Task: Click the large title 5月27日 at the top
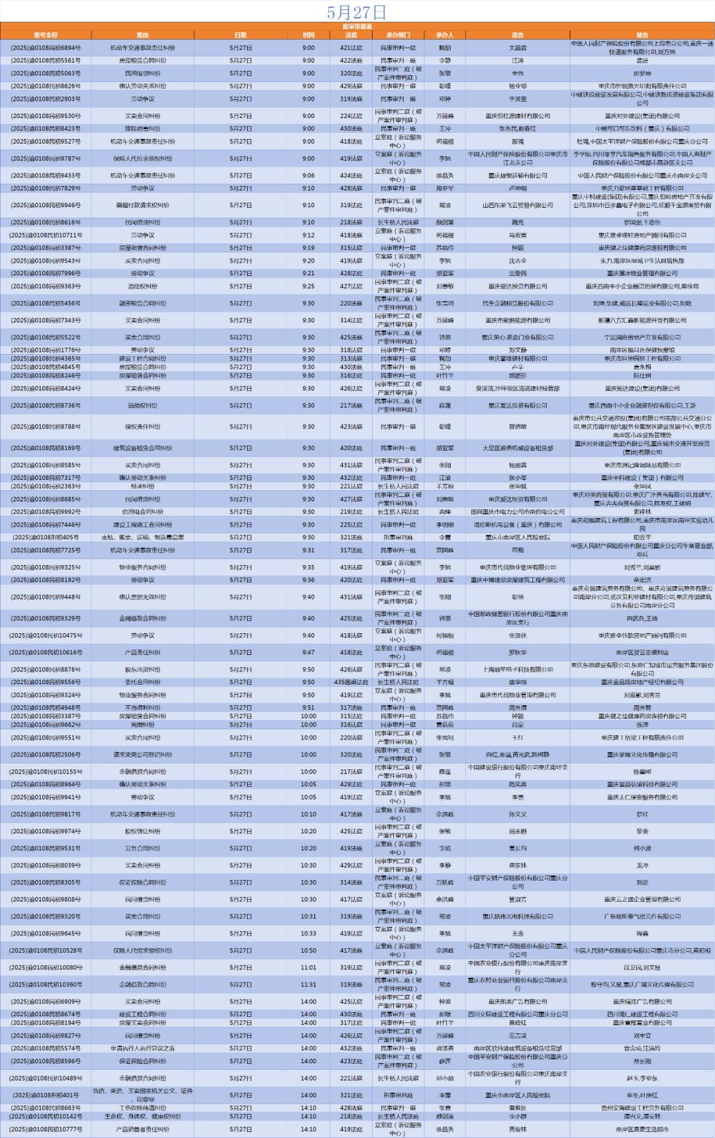(357, 12)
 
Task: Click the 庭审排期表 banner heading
(357, 26)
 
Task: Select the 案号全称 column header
(46, 35)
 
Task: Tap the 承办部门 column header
(398, 35)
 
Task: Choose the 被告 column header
(642, 35)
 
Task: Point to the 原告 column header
(517, 35)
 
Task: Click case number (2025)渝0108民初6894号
(46, 48)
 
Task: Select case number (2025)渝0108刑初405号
(46, 537)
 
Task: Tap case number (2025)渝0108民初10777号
(46, 1129)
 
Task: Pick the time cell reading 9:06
(309, 175)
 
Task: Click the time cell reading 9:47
(309, 652)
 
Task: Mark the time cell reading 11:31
(309, 985)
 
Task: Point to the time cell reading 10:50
(309, 951)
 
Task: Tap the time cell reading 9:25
(309, 286)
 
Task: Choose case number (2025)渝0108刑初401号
(46, 1095)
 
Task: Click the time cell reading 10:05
(309, 797)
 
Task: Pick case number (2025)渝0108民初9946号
(46, 205)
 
